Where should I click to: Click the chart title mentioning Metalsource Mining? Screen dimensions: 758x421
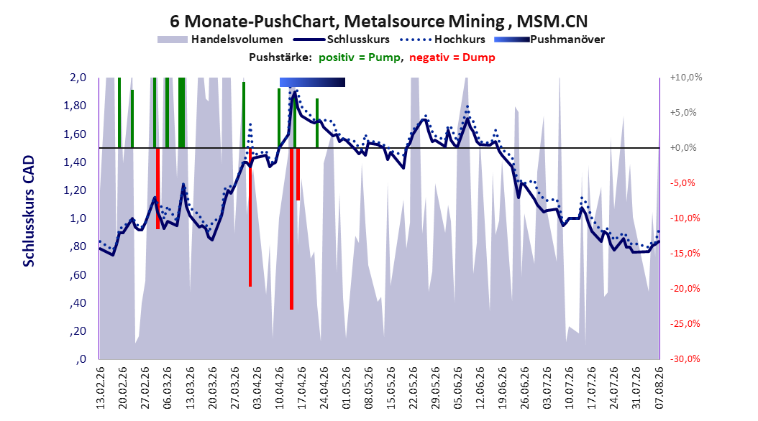point(378,22)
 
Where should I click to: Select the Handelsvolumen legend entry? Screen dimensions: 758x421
point(220,40)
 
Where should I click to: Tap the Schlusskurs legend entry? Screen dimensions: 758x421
point(342,40)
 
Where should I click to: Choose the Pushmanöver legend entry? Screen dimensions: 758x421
point(549,40)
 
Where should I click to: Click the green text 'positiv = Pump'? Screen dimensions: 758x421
point(359,57)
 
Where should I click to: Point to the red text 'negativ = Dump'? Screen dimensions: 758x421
point(452,57)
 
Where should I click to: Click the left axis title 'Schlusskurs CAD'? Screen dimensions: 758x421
point(29,211)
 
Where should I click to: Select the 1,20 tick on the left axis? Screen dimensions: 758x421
point(75,190)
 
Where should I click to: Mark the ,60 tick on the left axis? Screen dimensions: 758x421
point(78,275)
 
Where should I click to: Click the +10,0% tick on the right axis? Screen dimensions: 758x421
point(686,78)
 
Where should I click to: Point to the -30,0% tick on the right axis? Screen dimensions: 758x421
point(685,359)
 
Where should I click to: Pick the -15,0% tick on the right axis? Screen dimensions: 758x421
point(685,254)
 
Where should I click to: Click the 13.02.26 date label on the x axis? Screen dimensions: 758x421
point(101,388)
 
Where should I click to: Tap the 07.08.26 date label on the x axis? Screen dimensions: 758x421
point(659,388)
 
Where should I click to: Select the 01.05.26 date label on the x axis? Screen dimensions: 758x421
point(346,388)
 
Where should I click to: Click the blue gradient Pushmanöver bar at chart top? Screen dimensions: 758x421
point(312,82)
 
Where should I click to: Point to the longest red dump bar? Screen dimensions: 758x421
point(291,228)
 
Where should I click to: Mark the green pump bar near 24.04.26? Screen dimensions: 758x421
point(317,123)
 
